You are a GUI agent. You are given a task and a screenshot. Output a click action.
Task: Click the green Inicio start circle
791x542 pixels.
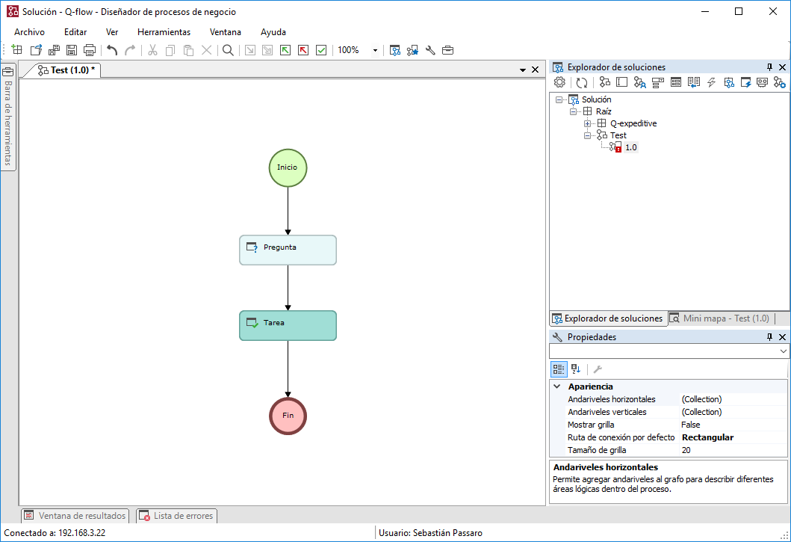288,167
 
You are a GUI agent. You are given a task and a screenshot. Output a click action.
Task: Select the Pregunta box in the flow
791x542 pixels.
288,250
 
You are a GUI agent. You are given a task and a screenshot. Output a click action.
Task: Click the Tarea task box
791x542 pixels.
288,325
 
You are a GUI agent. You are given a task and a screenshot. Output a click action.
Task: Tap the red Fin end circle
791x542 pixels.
288,416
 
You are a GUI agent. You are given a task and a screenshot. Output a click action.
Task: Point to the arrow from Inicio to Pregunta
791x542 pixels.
288,211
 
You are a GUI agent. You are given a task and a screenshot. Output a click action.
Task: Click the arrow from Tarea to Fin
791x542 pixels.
288,369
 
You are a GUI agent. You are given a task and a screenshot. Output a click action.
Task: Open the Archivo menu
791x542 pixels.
29,32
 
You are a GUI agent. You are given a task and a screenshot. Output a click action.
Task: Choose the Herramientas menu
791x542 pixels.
164,32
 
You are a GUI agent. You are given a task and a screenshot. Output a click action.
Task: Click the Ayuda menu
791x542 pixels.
273,32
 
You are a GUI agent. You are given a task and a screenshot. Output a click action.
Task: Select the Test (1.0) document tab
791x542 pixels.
66,70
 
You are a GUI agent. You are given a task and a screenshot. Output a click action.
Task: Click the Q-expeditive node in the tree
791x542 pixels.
633,123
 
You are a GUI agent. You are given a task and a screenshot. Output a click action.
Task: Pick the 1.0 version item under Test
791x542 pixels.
630,147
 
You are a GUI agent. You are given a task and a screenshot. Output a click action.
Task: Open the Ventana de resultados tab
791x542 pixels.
75,516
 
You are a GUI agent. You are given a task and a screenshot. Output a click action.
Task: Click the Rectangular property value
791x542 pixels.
707,437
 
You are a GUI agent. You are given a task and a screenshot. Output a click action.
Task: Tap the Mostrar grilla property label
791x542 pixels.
591,425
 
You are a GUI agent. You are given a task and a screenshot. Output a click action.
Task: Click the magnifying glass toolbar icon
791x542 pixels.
228,50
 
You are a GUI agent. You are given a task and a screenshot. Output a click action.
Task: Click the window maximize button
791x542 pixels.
739,12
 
